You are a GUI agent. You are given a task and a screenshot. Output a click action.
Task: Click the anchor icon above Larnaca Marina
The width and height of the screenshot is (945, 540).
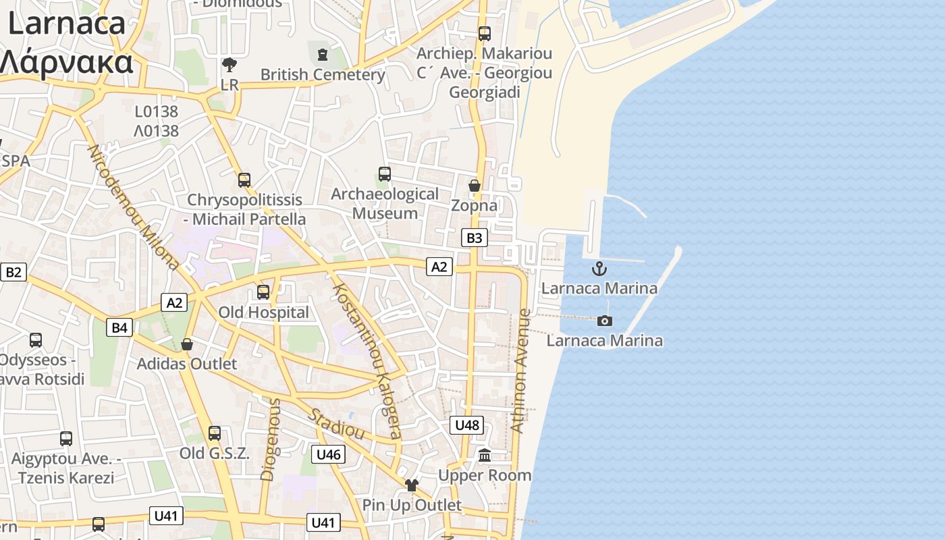click(599, 269)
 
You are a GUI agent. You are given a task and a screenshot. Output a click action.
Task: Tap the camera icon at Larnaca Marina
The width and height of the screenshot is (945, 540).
click(605, 321)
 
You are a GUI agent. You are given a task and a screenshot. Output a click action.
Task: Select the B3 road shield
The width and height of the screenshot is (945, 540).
click(475, 238)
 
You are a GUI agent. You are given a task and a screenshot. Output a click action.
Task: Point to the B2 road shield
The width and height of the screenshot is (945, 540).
click(13, 272)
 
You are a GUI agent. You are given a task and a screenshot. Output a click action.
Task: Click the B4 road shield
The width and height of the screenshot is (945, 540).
click(119, 328)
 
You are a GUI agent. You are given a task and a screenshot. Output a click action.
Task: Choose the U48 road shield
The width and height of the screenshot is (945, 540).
click(467, 425)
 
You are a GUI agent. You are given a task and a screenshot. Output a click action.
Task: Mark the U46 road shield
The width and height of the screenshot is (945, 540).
click(328, 454)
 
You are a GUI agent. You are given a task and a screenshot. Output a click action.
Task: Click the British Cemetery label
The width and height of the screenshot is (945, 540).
click(323, 74)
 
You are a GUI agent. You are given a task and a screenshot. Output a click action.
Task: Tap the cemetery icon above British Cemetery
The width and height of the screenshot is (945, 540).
click(322, 53)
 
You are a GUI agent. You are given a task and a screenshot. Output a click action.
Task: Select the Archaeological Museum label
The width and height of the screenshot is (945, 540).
click(385, 203)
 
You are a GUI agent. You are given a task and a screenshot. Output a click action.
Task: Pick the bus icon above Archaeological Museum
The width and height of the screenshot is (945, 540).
click(385, 174)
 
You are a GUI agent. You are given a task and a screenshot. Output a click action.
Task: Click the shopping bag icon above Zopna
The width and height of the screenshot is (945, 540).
click(475, 186)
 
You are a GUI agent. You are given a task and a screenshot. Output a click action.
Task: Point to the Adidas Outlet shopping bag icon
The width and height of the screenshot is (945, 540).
click(187, 345)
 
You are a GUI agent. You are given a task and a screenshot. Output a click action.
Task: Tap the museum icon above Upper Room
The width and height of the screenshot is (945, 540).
click(485, 456)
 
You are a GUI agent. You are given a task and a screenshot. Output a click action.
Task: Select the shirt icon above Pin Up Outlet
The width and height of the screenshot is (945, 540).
click(412, 485)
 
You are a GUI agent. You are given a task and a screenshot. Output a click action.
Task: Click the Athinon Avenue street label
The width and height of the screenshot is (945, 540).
click(520, 371)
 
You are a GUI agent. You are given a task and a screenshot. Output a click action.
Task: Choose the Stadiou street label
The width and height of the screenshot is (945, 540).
click(337, 423)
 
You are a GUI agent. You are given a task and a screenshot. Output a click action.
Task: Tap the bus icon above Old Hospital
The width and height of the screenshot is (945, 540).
click(263, 292)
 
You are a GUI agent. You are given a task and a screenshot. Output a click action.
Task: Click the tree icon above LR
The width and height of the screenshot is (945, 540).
click(230, 65)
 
